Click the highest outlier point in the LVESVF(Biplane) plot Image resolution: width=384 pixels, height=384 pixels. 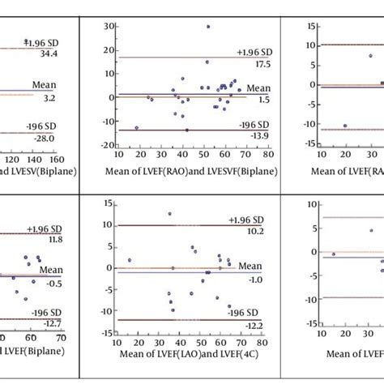[x=207, y=27]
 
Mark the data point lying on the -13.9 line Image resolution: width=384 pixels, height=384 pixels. [x=186, y=130]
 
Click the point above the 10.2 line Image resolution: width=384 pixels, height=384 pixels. [x=169, y=214]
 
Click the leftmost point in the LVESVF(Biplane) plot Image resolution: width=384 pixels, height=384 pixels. [x=136, y=127]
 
